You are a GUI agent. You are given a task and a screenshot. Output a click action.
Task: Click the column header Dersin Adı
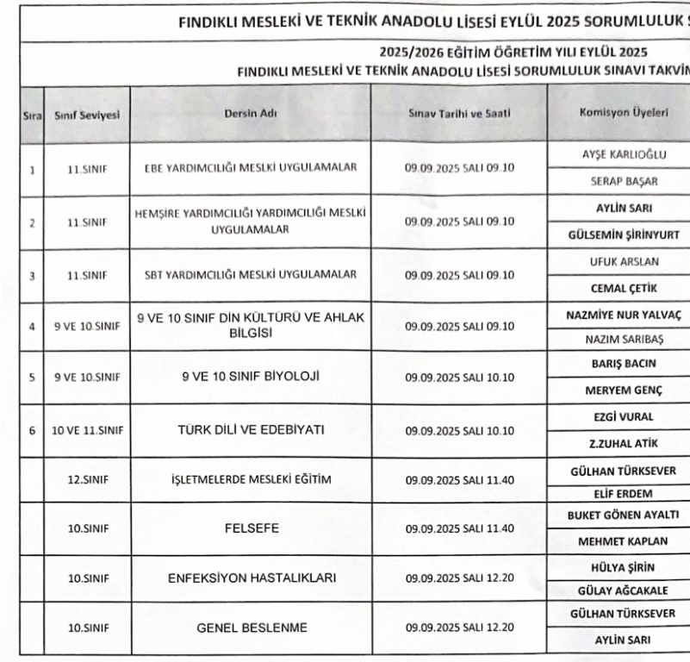[252, 112]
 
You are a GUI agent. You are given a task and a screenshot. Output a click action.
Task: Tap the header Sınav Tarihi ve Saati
[459, 112]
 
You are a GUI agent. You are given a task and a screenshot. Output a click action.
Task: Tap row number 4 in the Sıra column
[32, 326]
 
